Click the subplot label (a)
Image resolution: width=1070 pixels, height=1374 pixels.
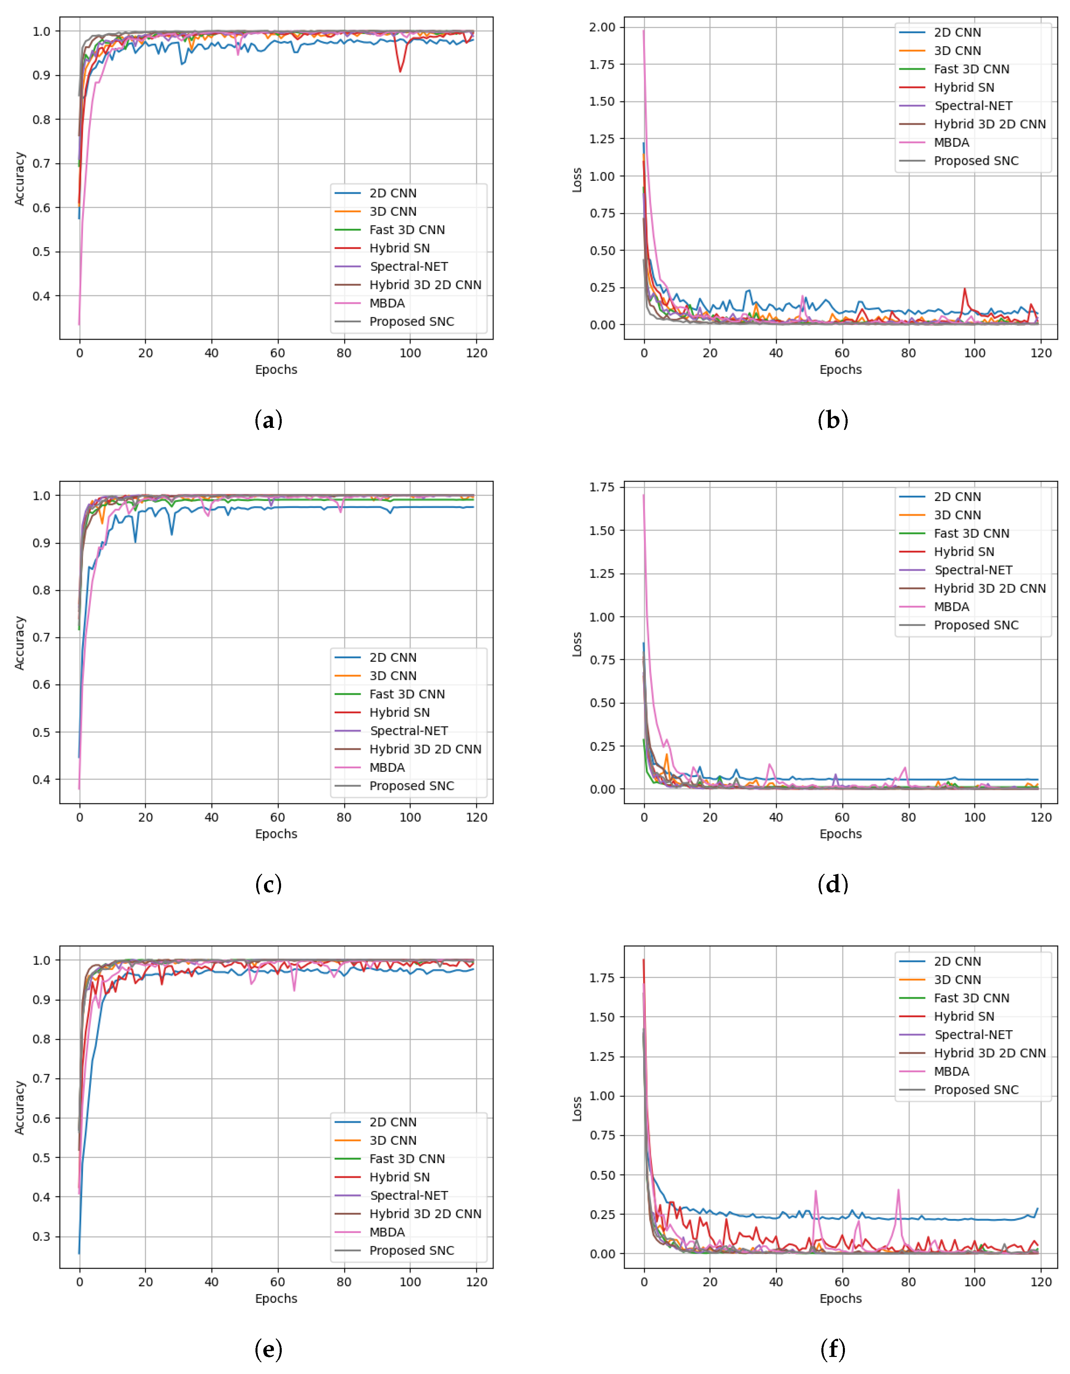click(x=268, y=420)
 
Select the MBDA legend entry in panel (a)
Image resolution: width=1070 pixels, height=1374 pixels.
click(x=387, y=303)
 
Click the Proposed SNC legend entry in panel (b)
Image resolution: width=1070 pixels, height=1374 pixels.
click(x=976, y=161)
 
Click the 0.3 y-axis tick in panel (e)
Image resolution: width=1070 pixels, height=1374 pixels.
click(x=42, y=1236)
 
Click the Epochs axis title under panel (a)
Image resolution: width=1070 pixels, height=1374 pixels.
click(x=276, y=369)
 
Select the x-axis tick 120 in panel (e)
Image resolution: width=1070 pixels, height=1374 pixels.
click(x=476, y=1281)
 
